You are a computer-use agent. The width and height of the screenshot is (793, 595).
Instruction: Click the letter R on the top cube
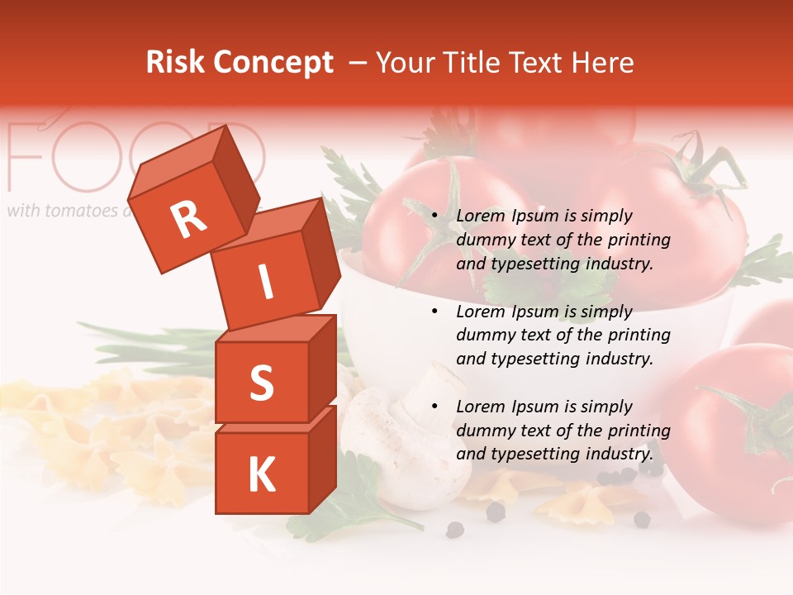click(x=189, y=220)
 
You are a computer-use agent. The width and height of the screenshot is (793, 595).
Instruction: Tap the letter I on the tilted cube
click(x=265, y=283)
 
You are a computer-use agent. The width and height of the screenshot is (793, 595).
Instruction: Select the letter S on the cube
click(x=261, y=383)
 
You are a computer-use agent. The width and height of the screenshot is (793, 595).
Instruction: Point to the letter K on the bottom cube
click(x=261, y=474)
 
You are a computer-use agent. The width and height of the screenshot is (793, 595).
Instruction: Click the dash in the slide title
click(x=359, y=63)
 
